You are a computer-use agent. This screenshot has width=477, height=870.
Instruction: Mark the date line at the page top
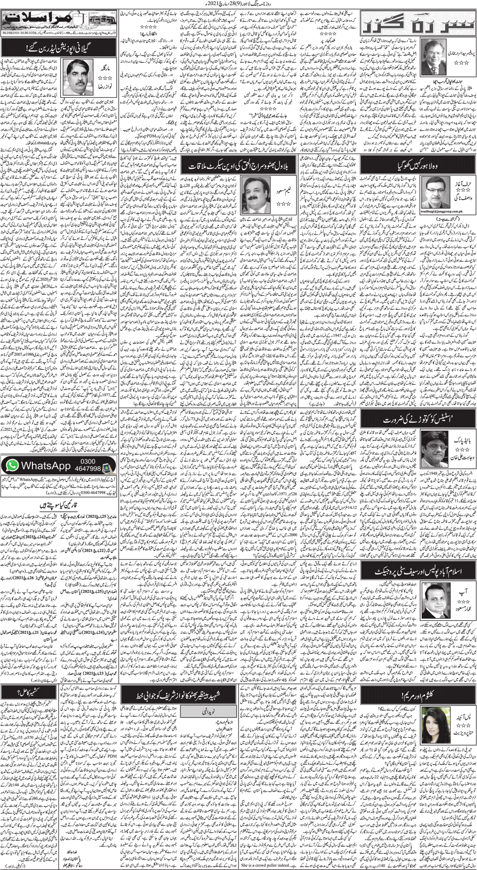(x=238, y=4)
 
